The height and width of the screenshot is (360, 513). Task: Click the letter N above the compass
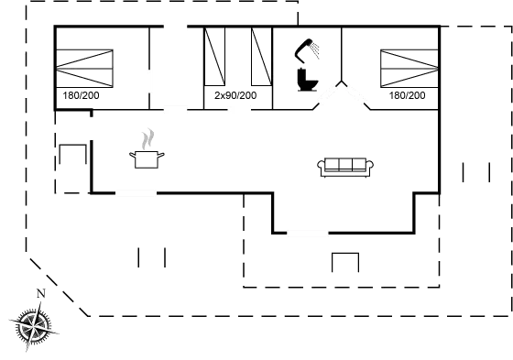tap(39, 293)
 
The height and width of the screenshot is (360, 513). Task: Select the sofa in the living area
tap(347, 165)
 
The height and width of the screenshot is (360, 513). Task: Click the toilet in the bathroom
tap(305, 82)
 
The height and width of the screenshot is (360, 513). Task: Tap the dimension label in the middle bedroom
tap(234, 95)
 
